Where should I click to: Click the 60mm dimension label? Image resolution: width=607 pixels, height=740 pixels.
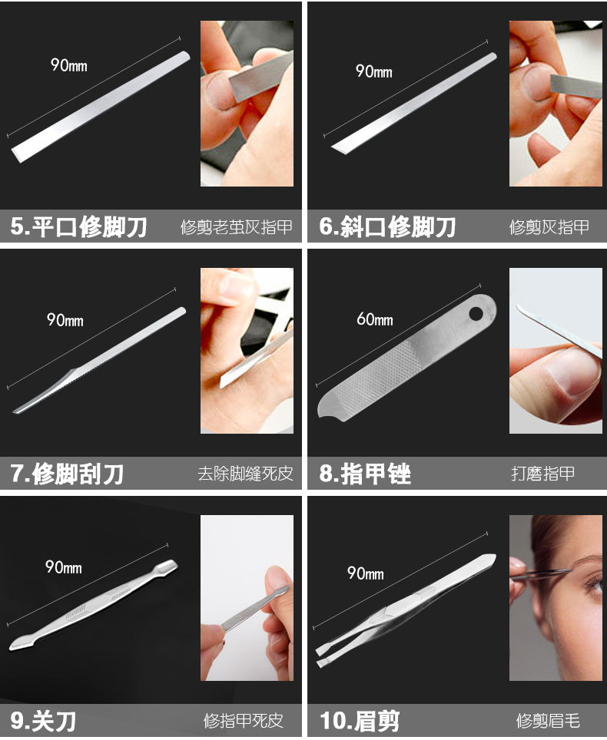(375, 319)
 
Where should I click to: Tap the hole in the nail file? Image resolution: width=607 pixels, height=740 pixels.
(476, 313)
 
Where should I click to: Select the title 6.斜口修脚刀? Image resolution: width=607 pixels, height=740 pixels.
(387, 226)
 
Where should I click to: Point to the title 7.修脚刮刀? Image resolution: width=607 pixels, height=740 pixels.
(67, 474)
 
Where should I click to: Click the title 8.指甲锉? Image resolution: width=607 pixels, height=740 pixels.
(365, 474)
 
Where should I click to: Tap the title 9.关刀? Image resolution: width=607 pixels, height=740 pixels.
(43, 721)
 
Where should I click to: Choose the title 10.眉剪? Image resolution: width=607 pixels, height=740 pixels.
(360, 721)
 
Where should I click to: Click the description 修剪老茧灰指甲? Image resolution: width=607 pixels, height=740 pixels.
(236, 227)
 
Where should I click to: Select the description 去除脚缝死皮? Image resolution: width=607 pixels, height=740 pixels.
(245, 474)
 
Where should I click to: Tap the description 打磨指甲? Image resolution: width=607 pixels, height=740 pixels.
(542, 474)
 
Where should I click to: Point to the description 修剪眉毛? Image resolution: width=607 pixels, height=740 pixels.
(548, 721)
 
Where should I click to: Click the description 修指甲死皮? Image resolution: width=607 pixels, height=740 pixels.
(244, 721)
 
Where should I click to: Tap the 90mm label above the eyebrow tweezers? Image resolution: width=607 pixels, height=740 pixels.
(365, 573)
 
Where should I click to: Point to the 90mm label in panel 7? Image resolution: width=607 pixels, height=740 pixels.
(65, 320)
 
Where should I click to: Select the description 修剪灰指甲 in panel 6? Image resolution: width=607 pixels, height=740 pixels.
(549, 227)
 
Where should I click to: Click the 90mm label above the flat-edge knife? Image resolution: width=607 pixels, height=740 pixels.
(69, 65)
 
